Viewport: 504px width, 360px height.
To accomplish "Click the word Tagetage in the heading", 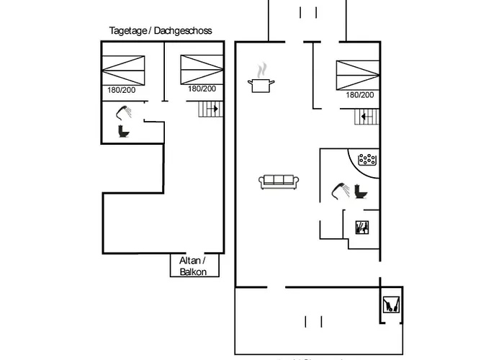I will pyautogui.click(x=127, y=31).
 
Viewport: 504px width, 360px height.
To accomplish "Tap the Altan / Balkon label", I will pyautogui.click(x=193, y=266).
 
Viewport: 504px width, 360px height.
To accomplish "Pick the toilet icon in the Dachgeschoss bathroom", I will pyautogui.click(x=124, y=131).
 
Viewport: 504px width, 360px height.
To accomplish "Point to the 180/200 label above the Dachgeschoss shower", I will pyautogui.click(x=122, y=89).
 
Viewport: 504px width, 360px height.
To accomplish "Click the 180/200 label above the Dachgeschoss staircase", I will pyautogui.click(x=202, y=89).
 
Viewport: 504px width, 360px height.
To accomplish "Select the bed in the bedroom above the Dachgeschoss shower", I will pyautogui.click(x=124, y=70).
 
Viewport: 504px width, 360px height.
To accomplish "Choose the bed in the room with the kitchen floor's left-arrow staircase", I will pyautogui.click(x=357, y=75).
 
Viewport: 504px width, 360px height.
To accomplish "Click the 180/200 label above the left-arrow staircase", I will pyautogui.click(x=360, y=95).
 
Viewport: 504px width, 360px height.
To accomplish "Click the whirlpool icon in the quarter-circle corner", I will pyautogui.click(x=368, y=158).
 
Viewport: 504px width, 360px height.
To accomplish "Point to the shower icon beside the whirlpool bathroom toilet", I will pyautogui.click(x=341, y=190).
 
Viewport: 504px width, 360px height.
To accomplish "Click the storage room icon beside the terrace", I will pyautogui.click(x=391, y=304).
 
